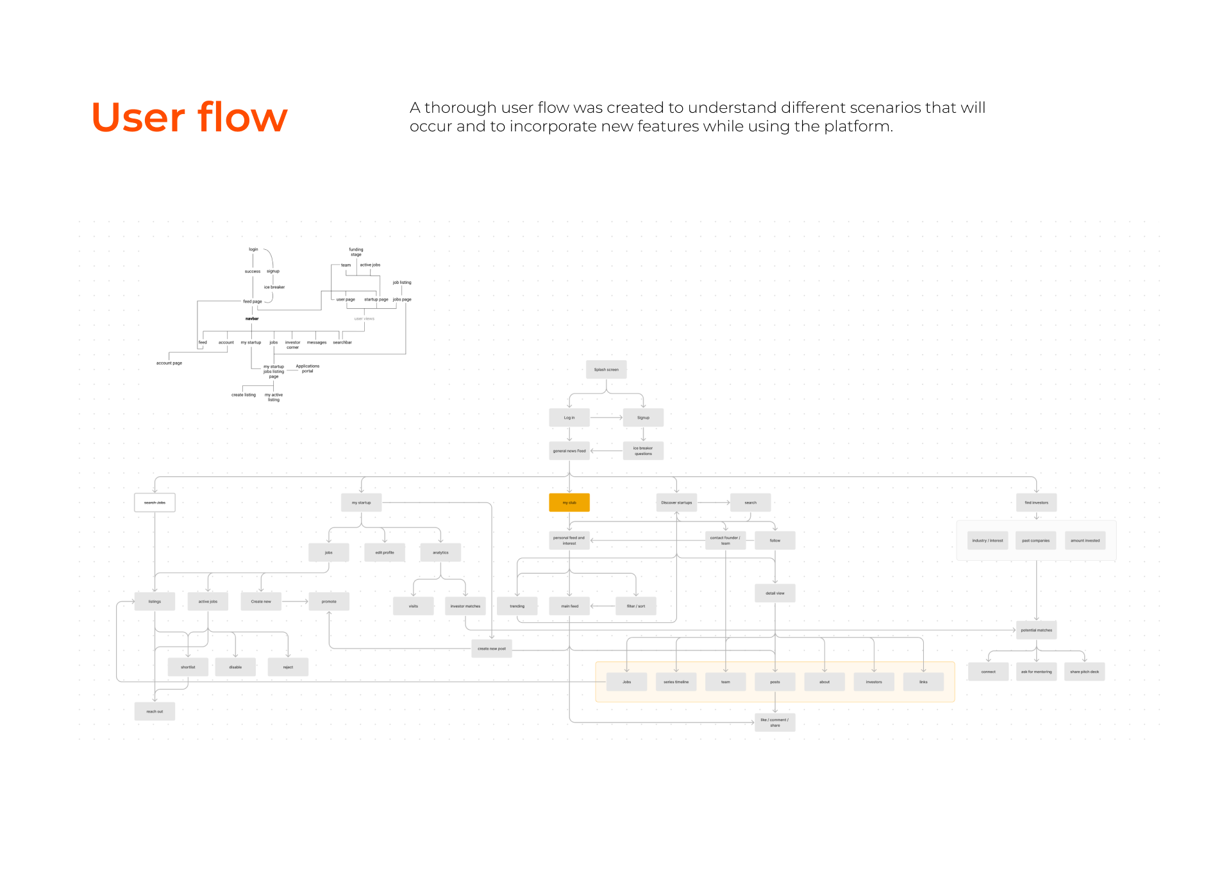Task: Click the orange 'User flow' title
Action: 189,117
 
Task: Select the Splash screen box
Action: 606,369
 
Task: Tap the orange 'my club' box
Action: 569,502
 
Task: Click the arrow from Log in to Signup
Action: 606,418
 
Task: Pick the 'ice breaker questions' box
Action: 643,451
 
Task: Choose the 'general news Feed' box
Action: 569,451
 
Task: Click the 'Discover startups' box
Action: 676,502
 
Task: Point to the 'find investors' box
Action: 1036,502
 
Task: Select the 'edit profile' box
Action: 385,552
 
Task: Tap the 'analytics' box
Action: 440,552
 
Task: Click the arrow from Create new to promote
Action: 295,602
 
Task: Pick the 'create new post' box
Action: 492,649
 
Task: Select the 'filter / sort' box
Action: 636,606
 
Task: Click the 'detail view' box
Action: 775,593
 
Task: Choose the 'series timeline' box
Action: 676,682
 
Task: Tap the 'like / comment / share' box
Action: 775,722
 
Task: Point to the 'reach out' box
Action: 155,711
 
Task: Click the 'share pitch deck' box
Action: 1084,672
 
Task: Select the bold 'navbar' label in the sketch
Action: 252,319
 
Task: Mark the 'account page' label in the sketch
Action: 169,363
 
